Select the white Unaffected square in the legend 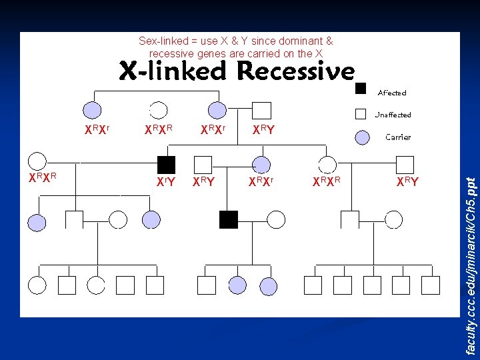pos(361,114)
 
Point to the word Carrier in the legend pos(398,137)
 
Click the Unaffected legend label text pos(393,115)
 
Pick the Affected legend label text pos(392,93)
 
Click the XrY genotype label pos(165,181)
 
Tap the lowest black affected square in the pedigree pos(229,219)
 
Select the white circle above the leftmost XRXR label pos(37,161)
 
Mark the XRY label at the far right pos(407,181)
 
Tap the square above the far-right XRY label pos(405,164)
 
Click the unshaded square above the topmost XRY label pos(262,111)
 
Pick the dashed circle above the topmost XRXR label pos(158,111)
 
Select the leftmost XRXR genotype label pos(41,177)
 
